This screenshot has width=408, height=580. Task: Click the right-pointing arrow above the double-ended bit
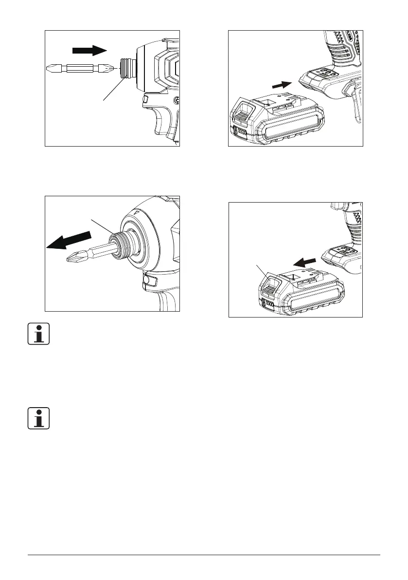coord(89,50)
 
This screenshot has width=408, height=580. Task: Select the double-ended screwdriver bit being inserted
coord(80,69)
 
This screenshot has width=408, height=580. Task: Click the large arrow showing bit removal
coord(68,241)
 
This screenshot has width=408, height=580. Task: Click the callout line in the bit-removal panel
coord(102,226)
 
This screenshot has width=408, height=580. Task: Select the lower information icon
coord(39,417)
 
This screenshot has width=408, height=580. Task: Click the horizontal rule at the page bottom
coord(204,555)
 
